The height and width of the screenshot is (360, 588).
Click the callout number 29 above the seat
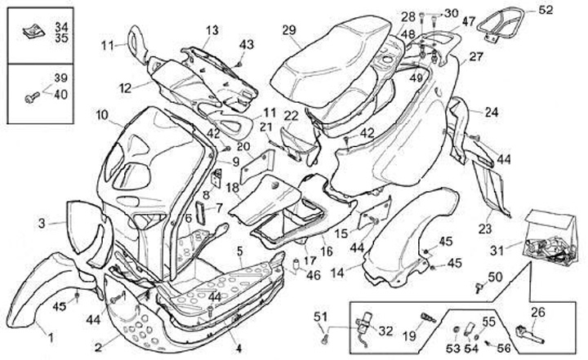tap(288, 30)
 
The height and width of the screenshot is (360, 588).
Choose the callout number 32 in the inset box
tap(386, 331)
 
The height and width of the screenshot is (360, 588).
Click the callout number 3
tap(41, 221)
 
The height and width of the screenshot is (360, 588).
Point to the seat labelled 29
tap(327, 57)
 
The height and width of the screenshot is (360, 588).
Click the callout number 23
tap(485, 229)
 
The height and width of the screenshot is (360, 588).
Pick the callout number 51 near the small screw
tap(320, 317)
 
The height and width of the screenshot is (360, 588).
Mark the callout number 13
tap(212, 30)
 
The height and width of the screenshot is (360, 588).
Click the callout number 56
tap(503, 346)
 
